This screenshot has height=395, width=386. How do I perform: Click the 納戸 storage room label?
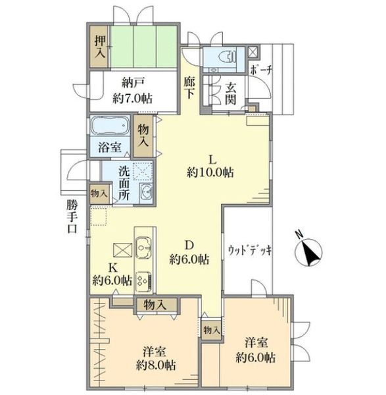coord(133,83)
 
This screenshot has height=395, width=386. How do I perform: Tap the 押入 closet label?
coord(100,47)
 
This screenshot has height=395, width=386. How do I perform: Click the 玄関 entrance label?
coord(230,93)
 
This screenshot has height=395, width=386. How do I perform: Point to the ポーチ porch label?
coord(262,70)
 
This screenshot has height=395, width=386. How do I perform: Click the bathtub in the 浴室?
coord(110,125)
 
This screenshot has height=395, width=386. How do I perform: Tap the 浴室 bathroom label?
coord(109,147)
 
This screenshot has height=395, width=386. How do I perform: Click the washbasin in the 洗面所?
coord(146,192)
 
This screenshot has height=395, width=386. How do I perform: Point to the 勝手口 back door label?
coord(72,217)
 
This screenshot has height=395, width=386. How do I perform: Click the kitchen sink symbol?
coord(143,248)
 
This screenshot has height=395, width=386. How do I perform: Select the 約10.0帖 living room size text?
coord(210,172)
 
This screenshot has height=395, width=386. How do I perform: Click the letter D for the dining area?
coord(189,244)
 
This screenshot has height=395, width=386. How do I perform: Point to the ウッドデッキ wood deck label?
coord(250,250)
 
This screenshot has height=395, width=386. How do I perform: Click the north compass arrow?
coord(310,252)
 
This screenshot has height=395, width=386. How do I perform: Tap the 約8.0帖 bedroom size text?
coord(156,365)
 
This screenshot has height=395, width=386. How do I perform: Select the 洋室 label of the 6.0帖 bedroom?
coord(256,343)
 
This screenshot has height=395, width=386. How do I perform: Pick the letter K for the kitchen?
coord(113,268)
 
